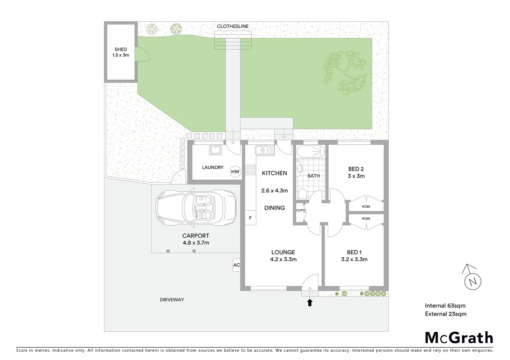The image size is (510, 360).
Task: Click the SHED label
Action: pyautogui.click(x=120, y=49)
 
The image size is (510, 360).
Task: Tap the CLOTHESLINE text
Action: pyautogui.click(x=232, y=26)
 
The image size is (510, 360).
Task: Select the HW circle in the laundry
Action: pyautogui.click(x=235, y=172)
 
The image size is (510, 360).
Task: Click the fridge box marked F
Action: pyautogui.click(x=250, y=218)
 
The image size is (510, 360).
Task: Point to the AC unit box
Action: pyautogui.click(x=236, y=265)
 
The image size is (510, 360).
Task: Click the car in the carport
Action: pyautogui.click(x=196, y=207)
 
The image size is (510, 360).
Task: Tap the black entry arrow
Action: pyautogui.click(x=310, y=302)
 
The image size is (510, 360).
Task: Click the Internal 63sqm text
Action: pyautogui.click(x=445, y=305)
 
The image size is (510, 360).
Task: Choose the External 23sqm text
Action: pyautogui.click(x=446, y=314)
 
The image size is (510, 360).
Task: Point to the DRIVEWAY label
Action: pyautogui.click(x=172, y=300)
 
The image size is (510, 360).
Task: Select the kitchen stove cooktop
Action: pyautogui.click(x=250, y=170)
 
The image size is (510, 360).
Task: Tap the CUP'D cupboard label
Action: pyautogui.click(x=301, y=210)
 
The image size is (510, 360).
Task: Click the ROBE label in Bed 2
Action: pyautogui.click(x=366, y=207)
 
